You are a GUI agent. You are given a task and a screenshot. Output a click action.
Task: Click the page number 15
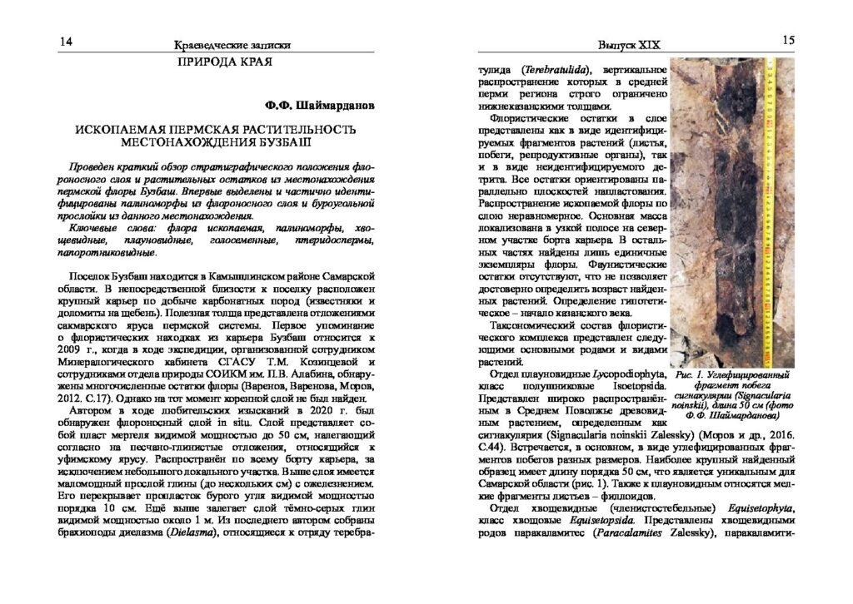pyautogui.click(x=789, y=40)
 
